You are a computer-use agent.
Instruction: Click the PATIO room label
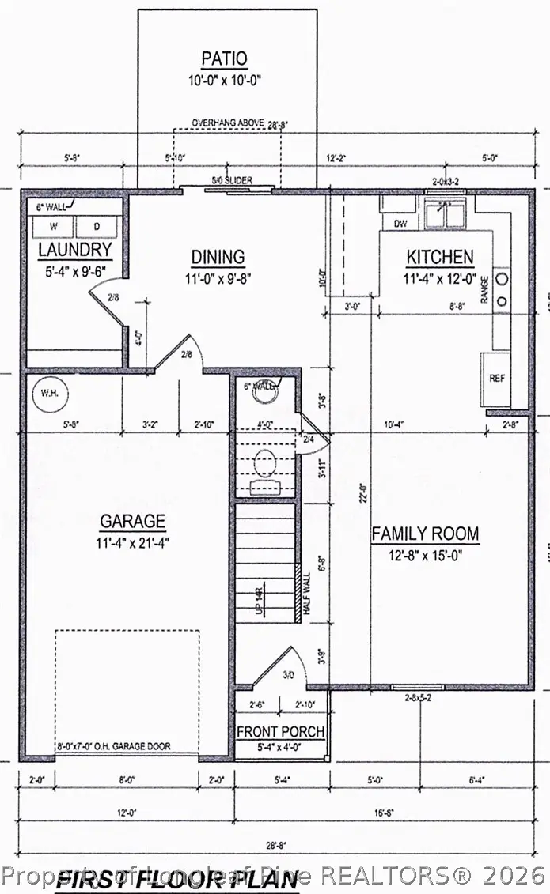coord(224,58)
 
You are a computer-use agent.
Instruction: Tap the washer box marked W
coord(56,226)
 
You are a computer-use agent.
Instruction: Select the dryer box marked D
coord(97,226)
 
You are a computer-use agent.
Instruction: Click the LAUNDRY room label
coord(75,251)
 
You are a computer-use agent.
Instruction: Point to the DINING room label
coord(218,257)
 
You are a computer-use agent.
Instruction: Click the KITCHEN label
coord(440,257)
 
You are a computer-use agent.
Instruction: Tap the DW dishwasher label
coord(400,224)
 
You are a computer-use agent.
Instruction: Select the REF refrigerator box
coord(496,379)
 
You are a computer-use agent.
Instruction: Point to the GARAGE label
coord(132,522)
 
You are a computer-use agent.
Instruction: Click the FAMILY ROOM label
coord(425,534)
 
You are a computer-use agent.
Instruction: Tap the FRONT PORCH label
coord(280,732)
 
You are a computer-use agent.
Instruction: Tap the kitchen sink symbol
coord(444,214)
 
